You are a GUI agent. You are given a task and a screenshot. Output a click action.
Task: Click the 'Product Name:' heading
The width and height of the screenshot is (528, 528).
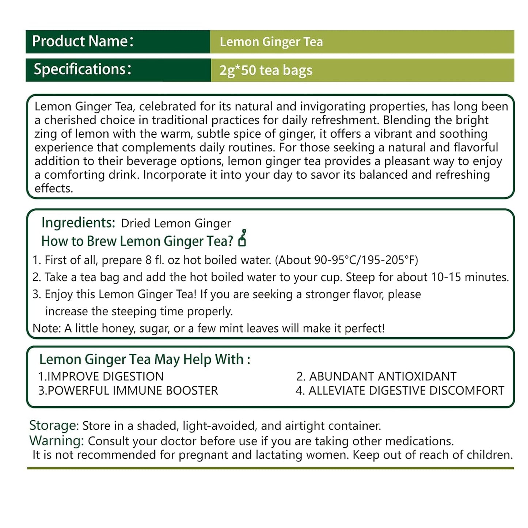[x=83, y=41]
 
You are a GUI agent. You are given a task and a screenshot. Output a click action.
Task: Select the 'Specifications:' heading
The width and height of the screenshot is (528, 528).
[x=83, y=69]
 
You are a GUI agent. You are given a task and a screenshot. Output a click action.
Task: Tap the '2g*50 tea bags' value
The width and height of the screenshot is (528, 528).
[x=266, y=70]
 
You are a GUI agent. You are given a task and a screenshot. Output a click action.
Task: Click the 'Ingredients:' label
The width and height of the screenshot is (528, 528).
[x=78, y=223]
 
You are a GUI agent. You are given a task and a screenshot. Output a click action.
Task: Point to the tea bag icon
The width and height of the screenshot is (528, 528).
[x=242, y=238]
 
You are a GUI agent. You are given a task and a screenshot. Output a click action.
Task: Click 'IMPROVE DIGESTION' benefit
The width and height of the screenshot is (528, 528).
[x=105, y=376]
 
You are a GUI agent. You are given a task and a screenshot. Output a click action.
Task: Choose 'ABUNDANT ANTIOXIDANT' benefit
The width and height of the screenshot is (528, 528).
[x=383, y=376]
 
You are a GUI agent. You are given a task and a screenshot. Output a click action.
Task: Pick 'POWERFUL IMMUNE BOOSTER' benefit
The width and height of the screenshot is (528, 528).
[x=132, y=391]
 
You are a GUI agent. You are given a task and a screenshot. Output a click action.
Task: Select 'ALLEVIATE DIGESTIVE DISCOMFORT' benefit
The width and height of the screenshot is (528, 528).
[x=406, y=391]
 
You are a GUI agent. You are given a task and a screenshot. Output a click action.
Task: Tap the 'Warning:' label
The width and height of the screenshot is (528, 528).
[x=57, y=441]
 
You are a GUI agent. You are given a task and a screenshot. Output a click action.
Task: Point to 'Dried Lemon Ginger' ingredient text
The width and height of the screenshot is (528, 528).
[x=176, y=223]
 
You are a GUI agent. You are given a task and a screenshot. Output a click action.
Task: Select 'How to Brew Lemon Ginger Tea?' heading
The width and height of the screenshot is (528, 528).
[x=137, y=241]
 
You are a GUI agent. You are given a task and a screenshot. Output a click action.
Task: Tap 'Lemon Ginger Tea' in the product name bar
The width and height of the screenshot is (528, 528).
[x=271, y=42]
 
